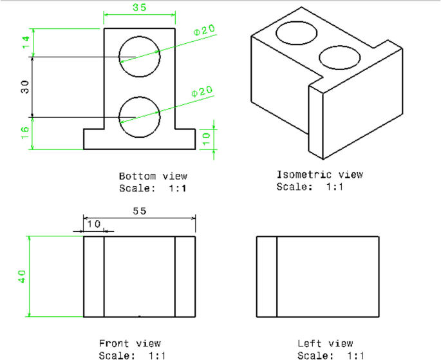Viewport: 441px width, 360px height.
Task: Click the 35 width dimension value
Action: click(138, 8)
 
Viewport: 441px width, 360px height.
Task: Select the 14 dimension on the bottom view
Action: click(26, 43)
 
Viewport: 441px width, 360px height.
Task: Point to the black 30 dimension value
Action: click(26, 87)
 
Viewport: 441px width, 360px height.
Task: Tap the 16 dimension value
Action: click(26, 133)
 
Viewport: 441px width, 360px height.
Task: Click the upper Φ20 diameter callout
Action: click(203, 31)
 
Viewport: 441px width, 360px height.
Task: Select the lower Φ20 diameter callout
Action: click(202, 93)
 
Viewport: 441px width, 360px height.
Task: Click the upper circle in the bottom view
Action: click(139, 56)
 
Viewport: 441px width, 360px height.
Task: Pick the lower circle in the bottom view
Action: click(139, 117)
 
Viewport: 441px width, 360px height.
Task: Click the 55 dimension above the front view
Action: click(139, 211)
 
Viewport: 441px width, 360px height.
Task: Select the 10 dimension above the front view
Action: click(94, 223)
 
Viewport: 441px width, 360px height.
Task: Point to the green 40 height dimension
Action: click(22, 276)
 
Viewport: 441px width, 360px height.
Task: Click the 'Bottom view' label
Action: click(153, 176)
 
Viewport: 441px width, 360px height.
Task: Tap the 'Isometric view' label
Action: click(319, 175)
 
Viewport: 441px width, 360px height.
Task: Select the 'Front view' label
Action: click(130, 343)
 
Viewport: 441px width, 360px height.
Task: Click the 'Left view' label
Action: click(325, 343)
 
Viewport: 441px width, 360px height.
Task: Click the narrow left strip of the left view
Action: click(267, 276)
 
